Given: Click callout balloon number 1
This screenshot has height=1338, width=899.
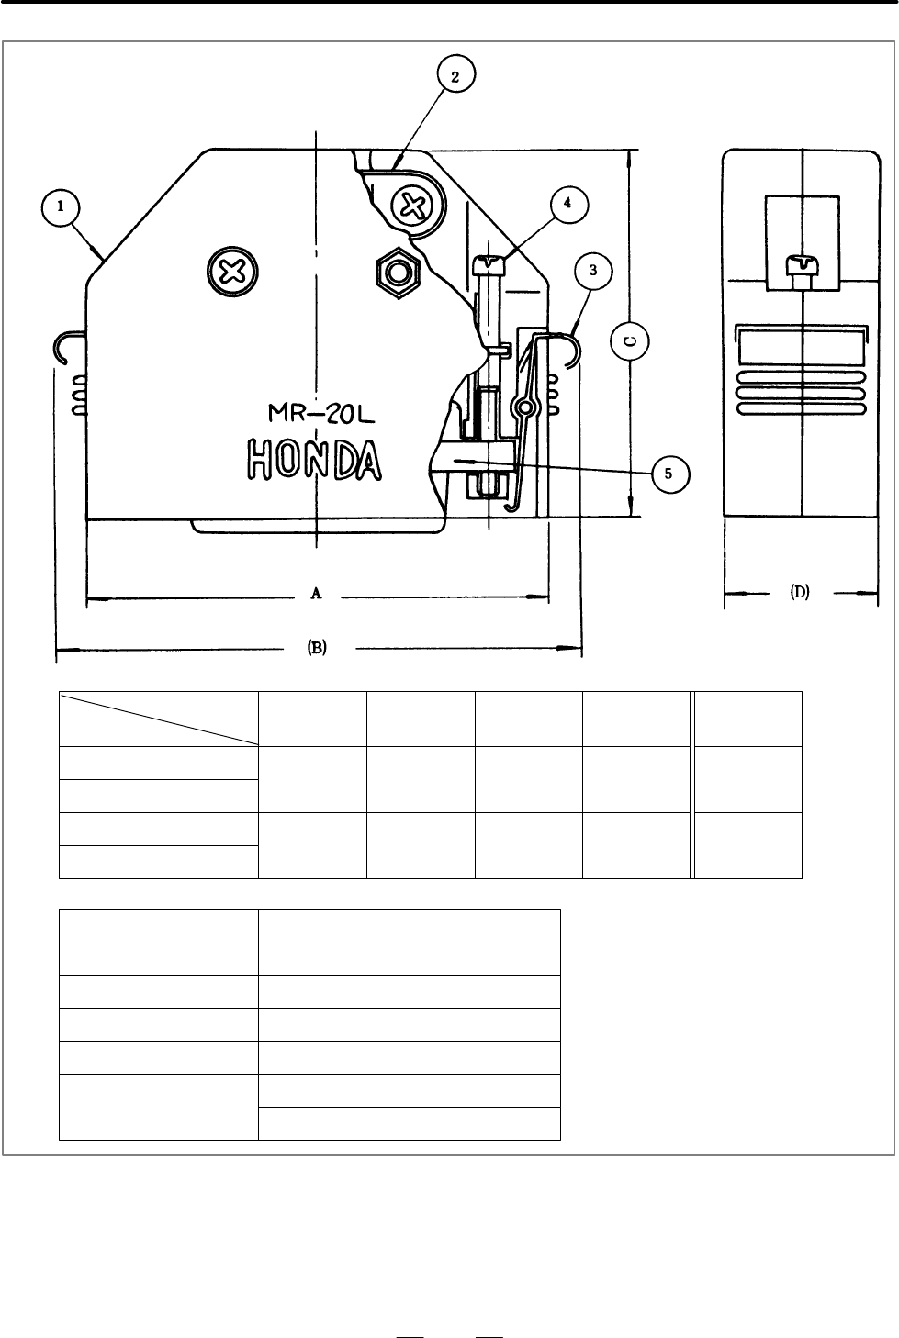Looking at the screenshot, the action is (61, 207).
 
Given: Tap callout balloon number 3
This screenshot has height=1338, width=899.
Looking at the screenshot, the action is (593, 271).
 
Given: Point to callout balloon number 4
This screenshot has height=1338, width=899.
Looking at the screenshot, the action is (567, 204).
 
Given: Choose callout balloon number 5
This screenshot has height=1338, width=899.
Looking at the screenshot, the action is (670, 474).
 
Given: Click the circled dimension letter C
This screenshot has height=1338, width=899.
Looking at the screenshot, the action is (629, 341).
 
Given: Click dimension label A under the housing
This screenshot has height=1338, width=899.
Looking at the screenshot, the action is (316, 593).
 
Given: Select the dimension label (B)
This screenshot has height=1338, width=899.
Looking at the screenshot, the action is (317, 648).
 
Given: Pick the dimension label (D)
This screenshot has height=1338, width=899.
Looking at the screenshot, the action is (800, 592).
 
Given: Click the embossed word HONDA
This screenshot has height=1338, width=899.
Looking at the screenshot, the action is (314, 460).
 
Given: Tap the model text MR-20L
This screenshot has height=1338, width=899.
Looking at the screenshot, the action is (321, 413).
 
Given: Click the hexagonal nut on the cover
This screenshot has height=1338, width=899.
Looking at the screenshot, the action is (398, 273).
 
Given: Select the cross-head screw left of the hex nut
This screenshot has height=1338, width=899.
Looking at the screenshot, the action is (232, 272).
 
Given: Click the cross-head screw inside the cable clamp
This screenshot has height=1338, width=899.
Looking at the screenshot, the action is (411, 206).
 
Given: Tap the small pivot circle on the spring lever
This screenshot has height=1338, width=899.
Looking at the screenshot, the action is (525, 407).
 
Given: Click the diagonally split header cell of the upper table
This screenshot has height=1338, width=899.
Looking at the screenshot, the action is (158, 719).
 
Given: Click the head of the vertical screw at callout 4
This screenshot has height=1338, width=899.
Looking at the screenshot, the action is (489, 264).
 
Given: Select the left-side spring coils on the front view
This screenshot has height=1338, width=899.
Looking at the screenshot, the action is (79, 396).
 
